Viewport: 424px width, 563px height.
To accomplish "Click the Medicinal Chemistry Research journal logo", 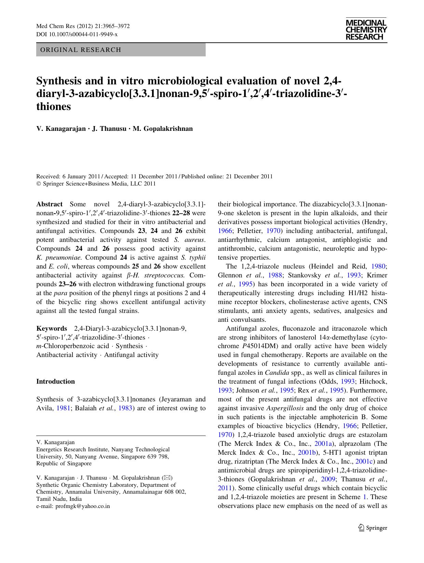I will (x=366, y=30).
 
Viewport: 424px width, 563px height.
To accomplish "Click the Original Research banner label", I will (x=81, y=50).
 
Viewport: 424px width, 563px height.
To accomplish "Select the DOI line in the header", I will (x=77, y=35).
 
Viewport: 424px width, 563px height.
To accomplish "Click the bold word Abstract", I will (x=49, y=204).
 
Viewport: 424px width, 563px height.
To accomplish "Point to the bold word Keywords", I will (x=52, y=329).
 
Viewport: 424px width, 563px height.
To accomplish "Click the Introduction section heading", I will (x=55, y=382).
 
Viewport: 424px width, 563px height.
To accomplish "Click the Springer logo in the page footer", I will (x=373, y=528).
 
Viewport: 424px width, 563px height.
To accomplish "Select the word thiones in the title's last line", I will (x=54, y=107).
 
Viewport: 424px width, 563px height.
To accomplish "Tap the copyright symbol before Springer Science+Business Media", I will (x=39, y=184).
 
